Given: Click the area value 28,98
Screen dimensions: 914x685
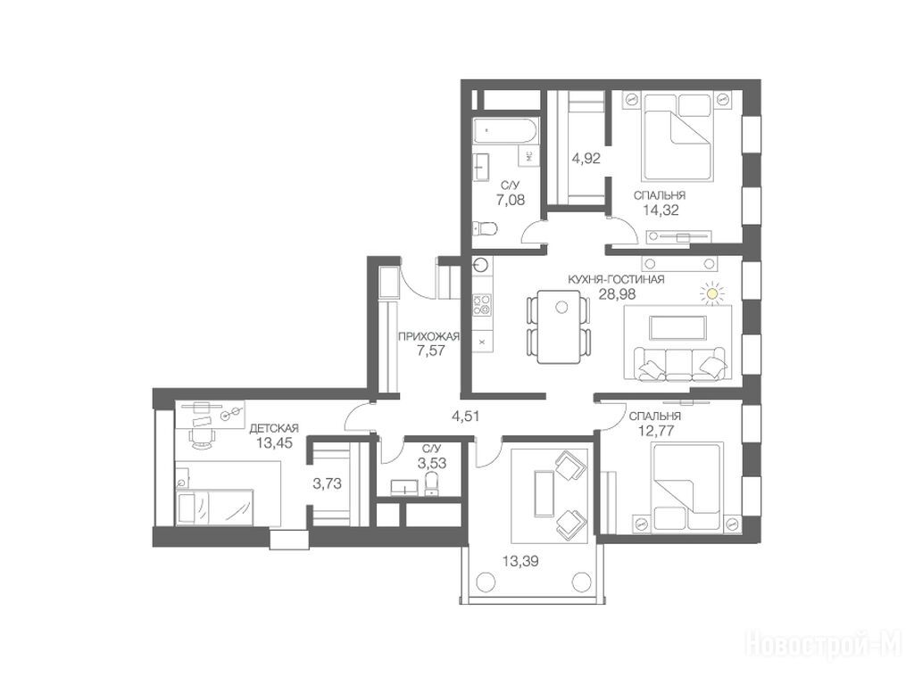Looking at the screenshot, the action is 617,294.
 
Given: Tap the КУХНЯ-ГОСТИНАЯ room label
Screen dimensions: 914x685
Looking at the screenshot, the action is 616,279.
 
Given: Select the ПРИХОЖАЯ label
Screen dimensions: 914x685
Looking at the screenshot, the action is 429,336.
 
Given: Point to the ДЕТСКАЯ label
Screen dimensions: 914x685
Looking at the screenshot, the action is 274,429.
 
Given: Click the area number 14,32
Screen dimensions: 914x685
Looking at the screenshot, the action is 661,210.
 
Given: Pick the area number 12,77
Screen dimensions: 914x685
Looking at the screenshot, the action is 652,431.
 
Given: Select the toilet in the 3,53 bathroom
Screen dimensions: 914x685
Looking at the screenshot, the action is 431,483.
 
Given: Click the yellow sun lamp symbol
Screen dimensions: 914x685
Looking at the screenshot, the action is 711,293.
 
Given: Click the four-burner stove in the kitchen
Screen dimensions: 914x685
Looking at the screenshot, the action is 482,304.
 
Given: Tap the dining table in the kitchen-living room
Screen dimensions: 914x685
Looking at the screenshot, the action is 560,326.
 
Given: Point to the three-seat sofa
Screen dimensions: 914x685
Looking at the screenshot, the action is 680,364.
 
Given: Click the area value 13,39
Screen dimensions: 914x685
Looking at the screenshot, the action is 520,562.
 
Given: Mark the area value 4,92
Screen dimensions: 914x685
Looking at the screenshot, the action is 586,158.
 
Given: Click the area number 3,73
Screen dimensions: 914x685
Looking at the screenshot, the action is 328,483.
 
